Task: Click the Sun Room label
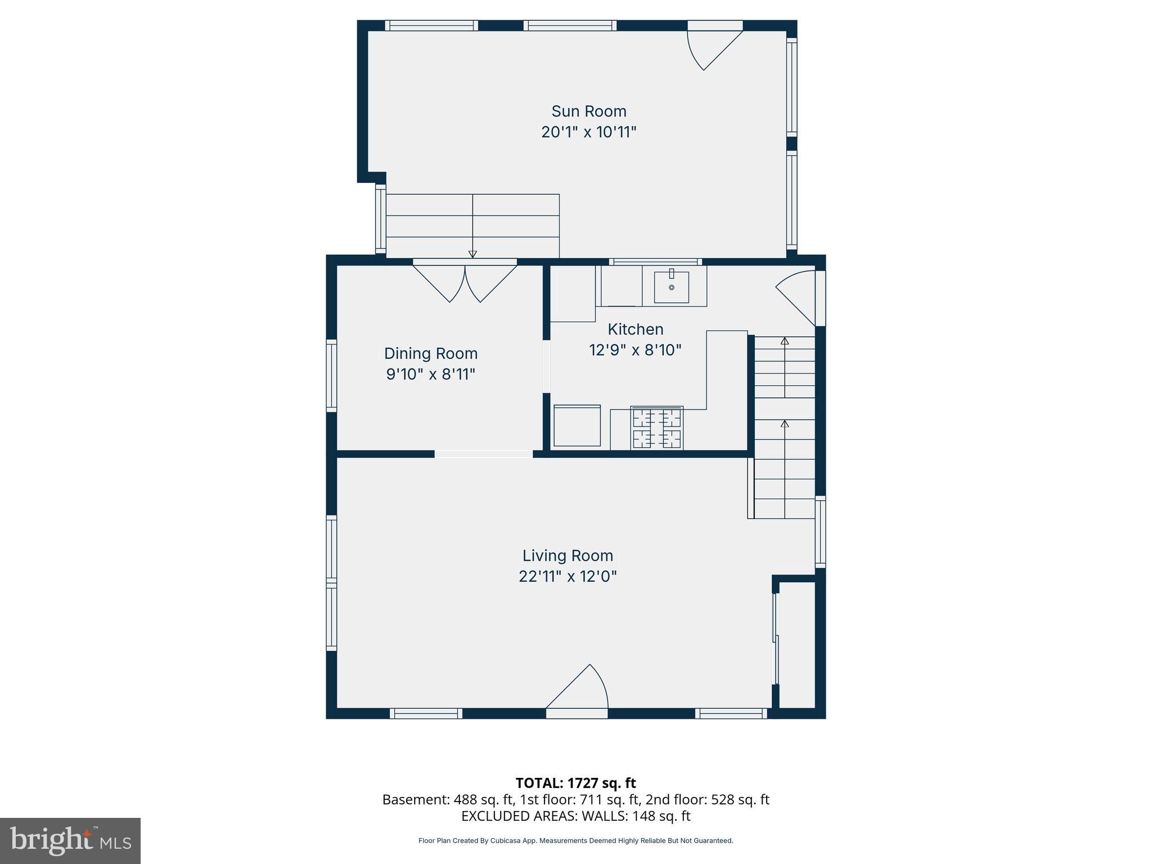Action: pyautogui.click(x=588, y=111)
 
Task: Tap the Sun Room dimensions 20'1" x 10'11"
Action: pyautogui.click(x=588, y=132)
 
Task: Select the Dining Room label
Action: pyautogui.click(x=430, y=353)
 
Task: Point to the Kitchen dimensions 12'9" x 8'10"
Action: pyautogui.click(x=635, y=350)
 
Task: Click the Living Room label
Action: pyautogui.click(x=568, y=556)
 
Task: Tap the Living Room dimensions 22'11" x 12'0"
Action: pyautogui.click(x=568, y=577)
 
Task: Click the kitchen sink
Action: pyautogui.click(x=671, y=287)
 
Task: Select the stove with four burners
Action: pyautogui.click(x=657, y=427)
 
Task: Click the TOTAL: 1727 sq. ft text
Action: pyautogui.click(x=575, y=783)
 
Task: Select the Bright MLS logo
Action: pyautogui.click(x=70, y=840)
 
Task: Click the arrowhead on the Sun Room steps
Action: pyautogui.click(x=472, y=254)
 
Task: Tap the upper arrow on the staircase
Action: pyautogui.click(x=784, y=341)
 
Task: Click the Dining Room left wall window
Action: pyautogui.click(x=331, y=375)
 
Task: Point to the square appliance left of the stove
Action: pyautogui.click(x=577, y=425)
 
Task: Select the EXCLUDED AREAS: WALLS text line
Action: pyautogui.click(x=575, y=816)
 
